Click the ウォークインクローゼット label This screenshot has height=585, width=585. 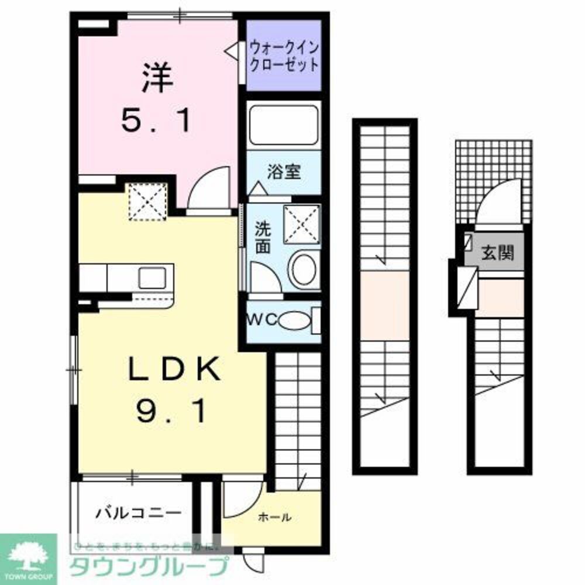284,56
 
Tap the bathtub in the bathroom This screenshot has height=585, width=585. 284,125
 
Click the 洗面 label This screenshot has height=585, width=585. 263,238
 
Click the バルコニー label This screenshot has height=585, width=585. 138,513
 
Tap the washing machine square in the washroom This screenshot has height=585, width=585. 302,224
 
